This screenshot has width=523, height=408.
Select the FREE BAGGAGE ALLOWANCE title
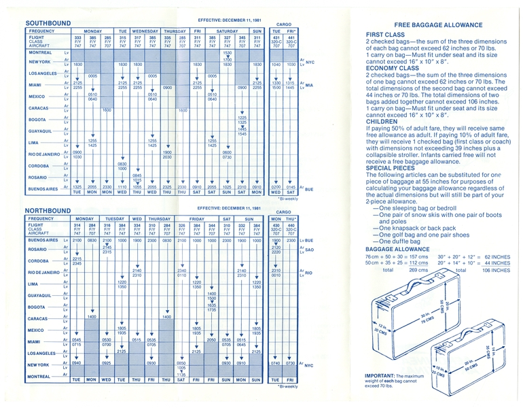[438, 24]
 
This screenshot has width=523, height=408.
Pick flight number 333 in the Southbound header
[78, 37]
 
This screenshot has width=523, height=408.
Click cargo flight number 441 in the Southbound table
[291, 37]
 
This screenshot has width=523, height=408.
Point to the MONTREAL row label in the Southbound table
[41, 52]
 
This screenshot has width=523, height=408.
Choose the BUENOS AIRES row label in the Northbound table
[43, 240]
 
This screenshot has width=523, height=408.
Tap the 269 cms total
[403, 270]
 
